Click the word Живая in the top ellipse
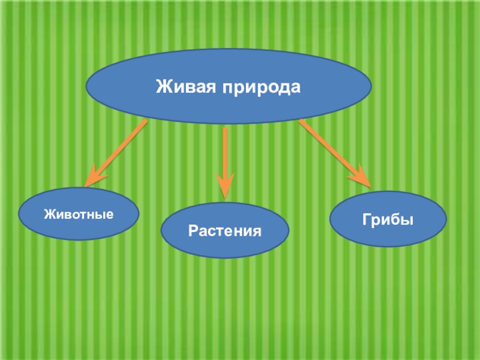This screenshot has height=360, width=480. point(187,86)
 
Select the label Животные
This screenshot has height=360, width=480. point(79,213)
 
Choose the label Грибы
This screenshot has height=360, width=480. point(388,218)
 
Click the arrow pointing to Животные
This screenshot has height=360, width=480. point(117,152)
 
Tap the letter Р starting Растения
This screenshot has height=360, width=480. point(191,230)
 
